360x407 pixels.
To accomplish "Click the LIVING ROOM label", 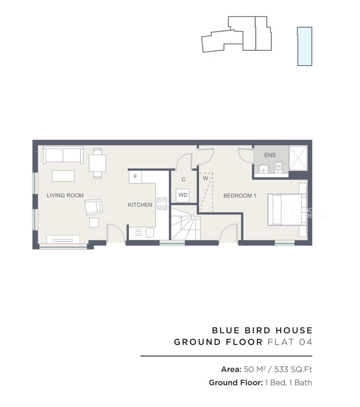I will pos(65,195).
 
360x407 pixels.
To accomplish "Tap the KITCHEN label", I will pos(140,205).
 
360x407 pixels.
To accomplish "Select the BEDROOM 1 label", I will pos(239,196).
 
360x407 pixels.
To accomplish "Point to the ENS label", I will pos(270,155).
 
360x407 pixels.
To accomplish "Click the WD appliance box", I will pos(183,195).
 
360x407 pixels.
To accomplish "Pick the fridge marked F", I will pos(135,177).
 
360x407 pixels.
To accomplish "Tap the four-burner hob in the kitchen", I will pos(162,203).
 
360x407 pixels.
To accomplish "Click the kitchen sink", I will pos(150,233).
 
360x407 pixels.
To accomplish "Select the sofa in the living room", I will pos(63,155).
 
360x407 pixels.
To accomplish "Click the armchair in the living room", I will pos(93,207).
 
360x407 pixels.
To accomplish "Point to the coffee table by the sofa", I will pos(63,175).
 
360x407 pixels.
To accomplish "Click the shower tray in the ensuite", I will pos(298,158).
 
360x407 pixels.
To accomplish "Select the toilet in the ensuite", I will pos(279,168).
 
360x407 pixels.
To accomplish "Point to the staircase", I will pos(185,228).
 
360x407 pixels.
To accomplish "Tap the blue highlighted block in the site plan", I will pos(305,46).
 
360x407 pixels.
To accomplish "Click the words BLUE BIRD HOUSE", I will pos(262,330).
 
